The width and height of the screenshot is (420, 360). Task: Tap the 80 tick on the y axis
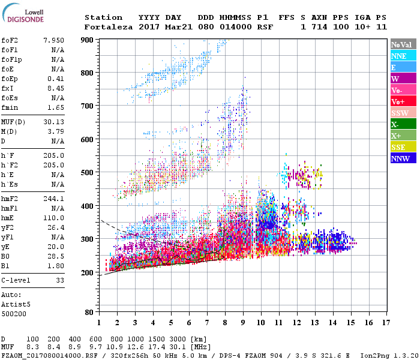[x=89, y=313]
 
